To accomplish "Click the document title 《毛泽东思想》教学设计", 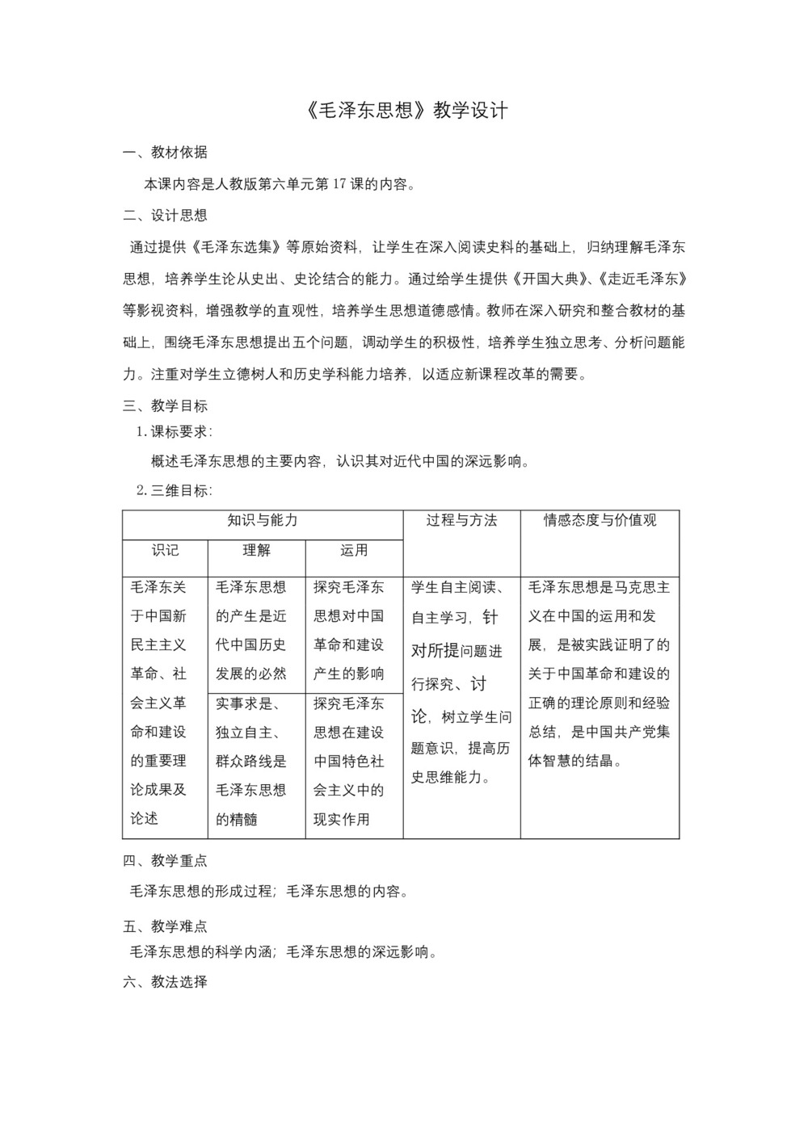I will click(x=408, y=111).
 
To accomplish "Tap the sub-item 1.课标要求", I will click(x=175, y=432).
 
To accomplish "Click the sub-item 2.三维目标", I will click(x=175, y=490).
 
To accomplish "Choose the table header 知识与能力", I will click(x=263, y=521).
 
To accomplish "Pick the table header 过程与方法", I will click(x=461, y=521).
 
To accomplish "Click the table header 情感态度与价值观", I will click(x=600, y=521).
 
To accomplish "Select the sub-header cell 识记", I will click(x=165, y=551).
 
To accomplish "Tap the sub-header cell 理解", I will click(x=257, y=551).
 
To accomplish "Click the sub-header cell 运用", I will click(x=354, y=551).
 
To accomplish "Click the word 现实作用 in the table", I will click(x=342, y=820).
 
